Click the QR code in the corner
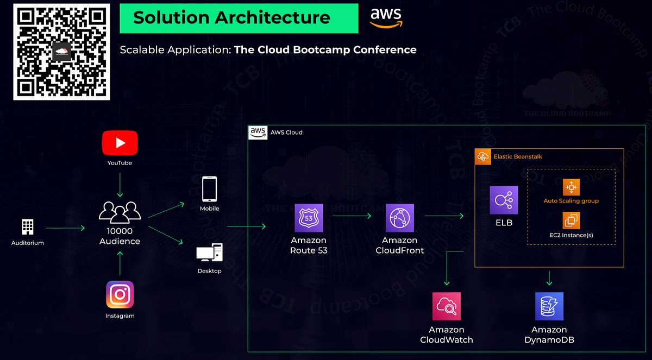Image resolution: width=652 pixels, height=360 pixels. pos(61,52)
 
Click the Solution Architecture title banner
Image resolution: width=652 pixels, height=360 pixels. pos(239,18)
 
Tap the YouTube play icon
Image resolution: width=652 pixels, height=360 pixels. pos(120,143)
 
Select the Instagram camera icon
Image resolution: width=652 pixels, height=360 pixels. pos(120,294)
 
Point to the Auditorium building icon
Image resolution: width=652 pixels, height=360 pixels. pos(28,227)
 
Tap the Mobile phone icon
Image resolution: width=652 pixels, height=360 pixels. pos(210,190)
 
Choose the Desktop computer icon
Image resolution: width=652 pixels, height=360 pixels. pos(210,252)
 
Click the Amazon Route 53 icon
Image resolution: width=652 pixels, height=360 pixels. pos(309,218)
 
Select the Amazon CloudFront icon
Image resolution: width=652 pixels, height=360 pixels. pos(399,218)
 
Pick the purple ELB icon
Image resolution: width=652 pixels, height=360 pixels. pos(504,200)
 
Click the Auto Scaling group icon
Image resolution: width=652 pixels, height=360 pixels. pos(571,187)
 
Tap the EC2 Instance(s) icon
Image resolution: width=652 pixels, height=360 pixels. pos(571,221)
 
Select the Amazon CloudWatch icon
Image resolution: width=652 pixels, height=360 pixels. pos(447,307)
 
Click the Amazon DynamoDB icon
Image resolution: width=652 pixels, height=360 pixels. pos(549,307)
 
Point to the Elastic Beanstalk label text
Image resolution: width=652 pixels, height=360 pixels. pos(518,156)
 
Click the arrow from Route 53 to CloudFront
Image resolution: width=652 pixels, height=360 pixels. pos(352,216)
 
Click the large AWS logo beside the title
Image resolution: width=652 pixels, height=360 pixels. pos(386,17)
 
